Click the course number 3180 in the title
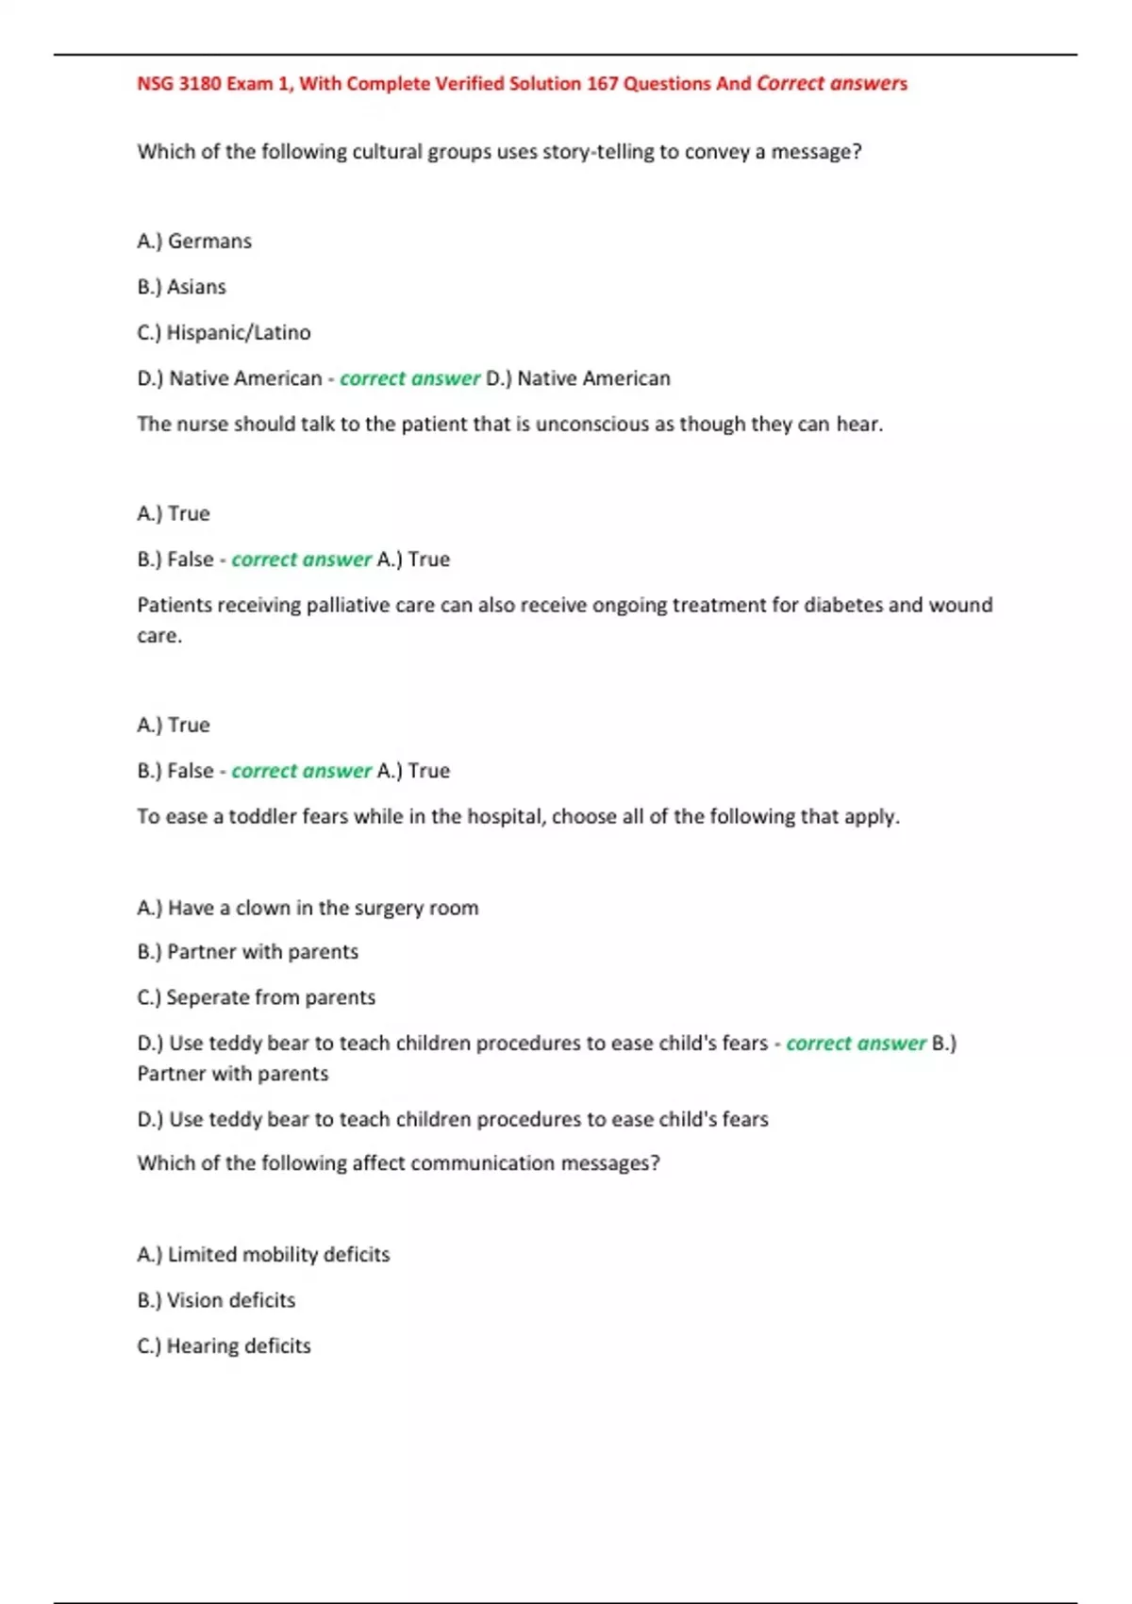pos(200,84)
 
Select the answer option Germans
pos(208,242)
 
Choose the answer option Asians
pos(196,287)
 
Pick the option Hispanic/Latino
pos(238,333)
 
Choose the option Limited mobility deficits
pos(278,1255)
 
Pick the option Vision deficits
pos(231,1300)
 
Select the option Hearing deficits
pos(239,1346)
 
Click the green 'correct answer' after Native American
pos(409,379)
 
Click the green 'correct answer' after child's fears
pos(856,1044)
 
